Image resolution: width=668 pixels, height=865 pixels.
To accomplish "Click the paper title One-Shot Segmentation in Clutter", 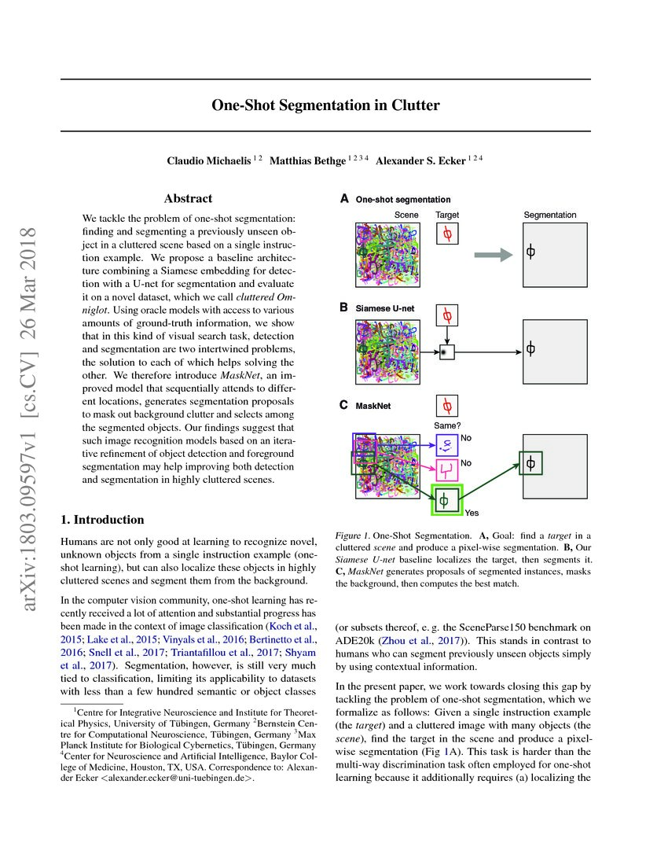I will pyautogui.click(x=325, y=105).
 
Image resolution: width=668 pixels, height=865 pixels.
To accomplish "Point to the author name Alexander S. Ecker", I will pyautogui.click(x=420, y=161).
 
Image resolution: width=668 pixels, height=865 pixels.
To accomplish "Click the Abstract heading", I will pyautogui.click(x=188, y=199).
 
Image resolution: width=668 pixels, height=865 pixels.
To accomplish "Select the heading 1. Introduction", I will pyautogui.click(x=103, y=520).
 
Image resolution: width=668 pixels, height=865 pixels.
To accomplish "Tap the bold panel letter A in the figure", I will pyautogui.click(x=343, y=200).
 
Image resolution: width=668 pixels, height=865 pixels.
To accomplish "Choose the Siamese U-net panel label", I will pyautogui.click(x=384, y=308).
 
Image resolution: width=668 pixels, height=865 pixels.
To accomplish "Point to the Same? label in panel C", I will pyautogui.click(x=446, y=425).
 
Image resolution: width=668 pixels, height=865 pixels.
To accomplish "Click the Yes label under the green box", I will pyautogui.click(x=472, y=513).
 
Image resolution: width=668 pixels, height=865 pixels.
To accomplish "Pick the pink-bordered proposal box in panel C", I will pyautogui.click(x=447, y=470).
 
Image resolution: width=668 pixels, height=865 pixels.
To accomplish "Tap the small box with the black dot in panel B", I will pyautogui.click(x=447, y=352).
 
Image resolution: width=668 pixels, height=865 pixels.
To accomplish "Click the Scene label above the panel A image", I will pyautogui.click(x=406, y=215).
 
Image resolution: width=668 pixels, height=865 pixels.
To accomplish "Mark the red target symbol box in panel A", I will pyautogui.click(x=447, y=234).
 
